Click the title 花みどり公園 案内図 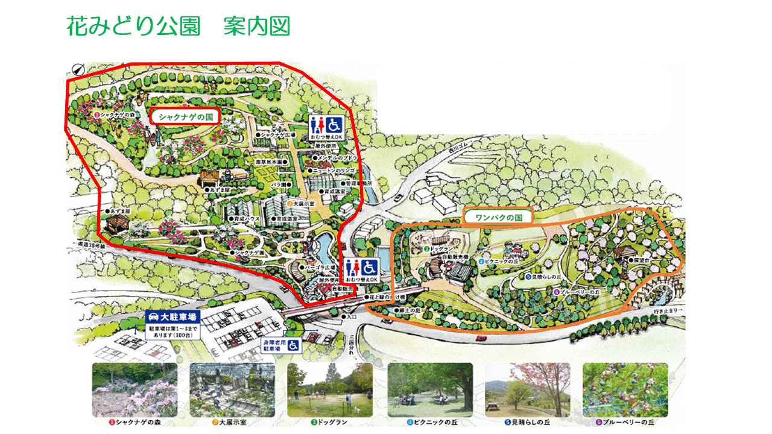pos(179,27)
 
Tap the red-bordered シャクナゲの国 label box pos(185,116)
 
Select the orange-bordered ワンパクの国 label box pos(498,217)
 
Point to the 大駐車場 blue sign pos(173,317)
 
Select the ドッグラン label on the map pos(441,248)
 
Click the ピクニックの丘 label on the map pos(501,262)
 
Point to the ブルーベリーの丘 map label pos(578,292)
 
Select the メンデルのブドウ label pos(333,158)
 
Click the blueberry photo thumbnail pos(625,389)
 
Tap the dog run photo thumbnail pos(329,389)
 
